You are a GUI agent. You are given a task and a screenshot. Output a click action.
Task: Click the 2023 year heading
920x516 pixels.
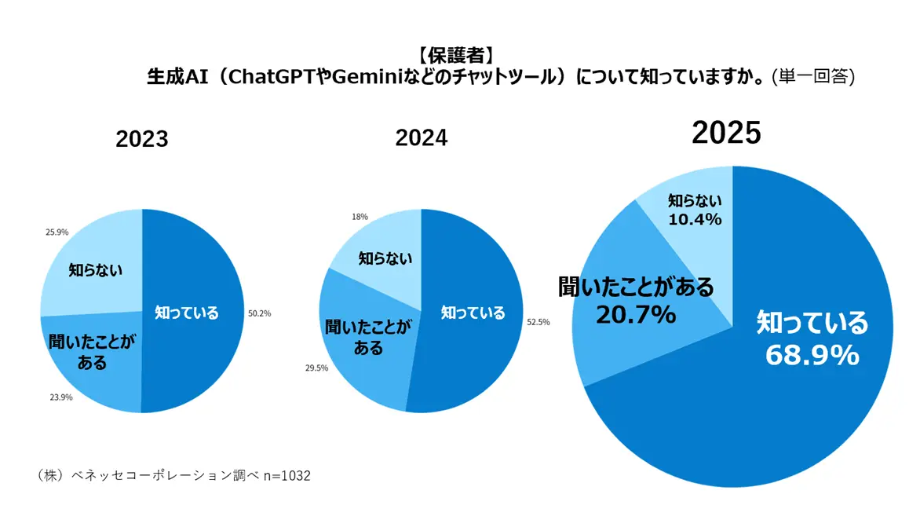tap(142, 140)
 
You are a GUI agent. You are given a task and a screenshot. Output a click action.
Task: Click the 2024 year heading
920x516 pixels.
tap(421, 138)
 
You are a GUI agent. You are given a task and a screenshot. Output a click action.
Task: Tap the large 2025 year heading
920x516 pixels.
tap(726, 134)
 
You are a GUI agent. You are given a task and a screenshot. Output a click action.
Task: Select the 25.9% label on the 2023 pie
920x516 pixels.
tap(58, 232)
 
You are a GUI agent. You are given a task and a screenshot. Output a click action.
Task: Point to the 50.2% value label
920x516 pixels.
tap(259, 313)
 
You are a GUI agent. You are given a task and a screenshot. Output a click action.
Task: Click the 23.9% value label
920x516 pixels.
tap(60, 397)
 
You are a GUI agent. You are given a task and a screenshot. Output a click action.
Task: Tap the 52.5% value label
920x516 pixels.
tap(538, 322)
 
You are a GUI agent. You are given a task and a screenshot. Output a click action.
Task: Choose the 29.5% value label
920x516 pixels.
tap(316, 368)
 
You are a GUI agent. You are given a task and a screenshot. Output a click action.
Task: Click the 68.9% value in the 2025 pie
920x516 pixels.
tap(812, 356)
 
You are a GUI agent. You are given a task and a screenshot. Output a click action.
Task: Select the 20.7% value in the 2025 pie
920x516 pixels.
tap(636, 315)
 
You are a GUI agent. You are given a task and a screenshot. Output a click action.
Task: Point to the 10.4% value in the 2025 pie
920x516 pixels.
tap(695, 220)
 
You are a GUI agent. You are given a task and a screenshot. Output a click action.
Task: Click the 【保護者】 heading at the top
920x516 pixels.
tap(455, 55)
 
